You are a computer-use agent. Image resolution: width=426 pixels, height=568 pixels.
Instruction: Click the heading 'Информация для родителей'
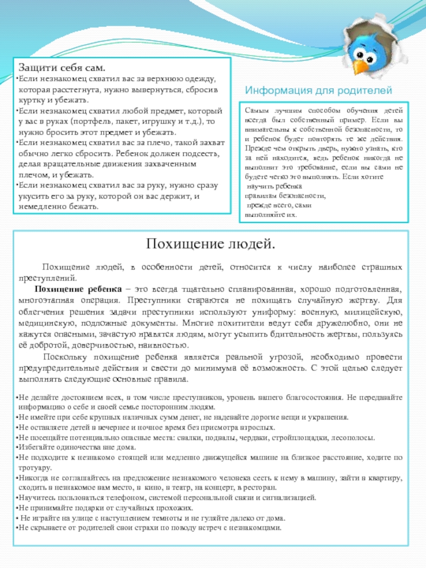pos(318,90)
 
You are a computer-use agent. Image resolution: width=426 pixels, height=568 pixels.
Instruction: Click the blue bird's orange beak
pos(362,66)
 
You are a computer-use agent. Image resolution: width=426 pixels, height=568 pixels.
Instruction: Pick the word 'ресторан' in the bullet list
pos(260,488)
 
